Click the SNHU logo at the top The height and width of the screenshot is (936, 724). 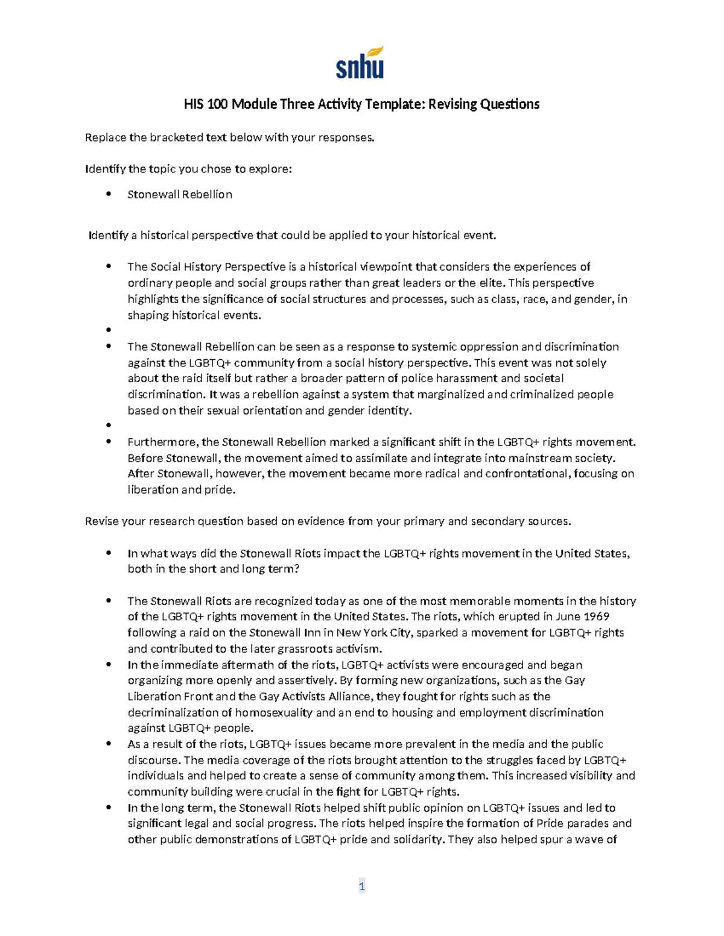click(x=360, y=63)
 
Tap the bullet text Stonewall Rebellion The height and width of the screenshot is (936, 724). click(x=180, y=194)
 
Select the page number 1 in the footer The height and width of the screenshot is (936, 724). click(x=362, y=886)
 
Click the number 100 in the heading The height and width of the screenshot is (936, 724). click(x=218, y=104)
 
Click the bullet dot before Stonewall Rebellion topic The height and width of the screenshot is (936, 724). click(x=109, y=194)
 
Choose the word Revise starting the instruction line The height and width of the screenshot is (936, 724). click(x=102, y=521)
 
